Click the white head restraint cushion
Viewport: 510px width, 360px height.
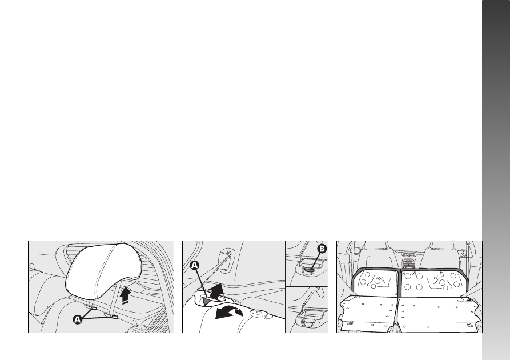point(103,270)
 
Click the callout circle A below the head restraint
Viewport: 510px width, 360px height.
point(78,319)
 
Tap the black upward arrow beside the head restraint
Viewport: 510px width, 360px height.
point(125,295)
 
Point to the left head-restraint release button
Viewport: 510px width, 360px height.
point(92,307)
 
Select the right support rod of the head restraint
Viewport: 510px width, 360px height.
point(115,296)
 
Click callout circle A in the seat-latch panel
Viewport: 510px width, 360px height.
point(194,265)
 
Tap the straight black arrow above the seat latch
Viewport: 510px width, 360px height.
point(216,291)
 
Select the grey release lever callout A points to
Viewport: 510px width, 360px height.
point(207,299)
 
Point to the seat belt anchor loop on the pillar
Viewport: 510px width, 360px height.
point(225,259)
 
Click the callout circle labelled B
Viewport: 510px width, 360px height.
point(322,249)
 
